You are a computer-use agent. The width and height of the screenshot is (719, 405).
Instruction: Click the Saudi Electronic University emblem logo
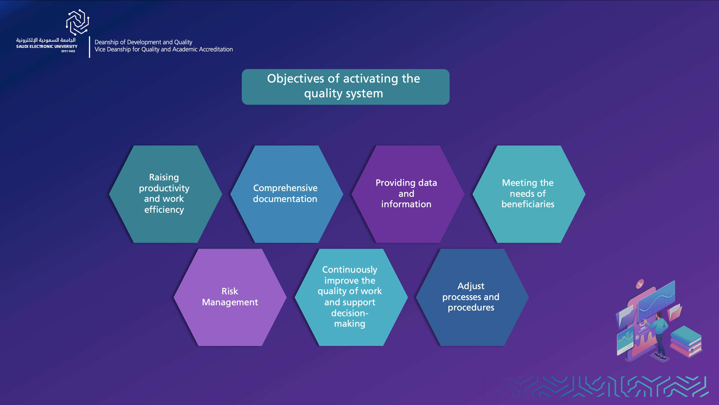tap(78, 22)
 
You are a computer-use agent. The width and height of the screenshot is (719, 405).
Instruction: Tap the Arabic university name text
tap(46, 40)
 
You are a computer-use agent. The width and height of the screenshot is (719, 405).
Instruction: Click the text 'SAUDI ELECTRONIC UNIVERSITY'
tap(47, 46)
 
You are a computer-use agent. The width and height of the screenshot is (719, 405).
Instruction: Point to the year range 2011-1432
tap(68, 51)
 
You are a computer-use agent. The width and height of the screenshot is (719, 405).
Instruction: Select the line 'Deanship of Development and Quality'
tap(143, 42)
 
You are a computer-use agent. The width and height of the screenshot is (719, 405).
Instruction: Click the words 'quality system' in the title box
tap(344, 94)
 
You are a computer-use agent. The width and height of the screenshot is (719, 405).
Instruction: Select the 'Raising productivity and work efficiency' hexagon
tap(165, 194)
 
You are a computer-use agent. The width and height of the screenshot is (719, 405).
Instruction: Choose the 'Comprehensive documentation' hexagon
tap(287, 194)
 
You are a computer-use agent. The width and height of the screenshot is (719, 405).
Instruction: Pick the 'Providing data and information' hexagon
tap(408, 194)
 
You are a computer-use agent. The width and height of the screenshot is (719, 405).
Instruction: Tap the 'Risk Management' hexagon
tap(230, 297)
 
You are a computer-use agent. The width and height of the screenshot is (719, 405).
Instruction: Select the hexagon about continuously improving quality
tap(351, 297)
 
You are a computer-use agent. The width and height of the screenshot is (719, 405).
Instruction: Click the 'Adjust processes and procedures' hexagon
tap(472, 297)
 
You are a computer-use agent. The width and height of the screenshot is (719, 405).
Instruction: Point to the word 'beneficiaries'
tap(528, 204)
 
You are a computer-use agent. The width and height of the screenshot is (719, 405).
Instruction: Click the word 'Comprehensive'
tap(285, 188)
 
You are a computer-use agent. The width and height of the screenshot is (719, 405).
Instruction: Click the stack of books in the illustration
tap(686, 342)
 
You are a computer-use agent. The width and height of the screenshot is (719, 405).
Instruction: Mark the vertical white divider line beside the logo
tap(90, 47)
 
